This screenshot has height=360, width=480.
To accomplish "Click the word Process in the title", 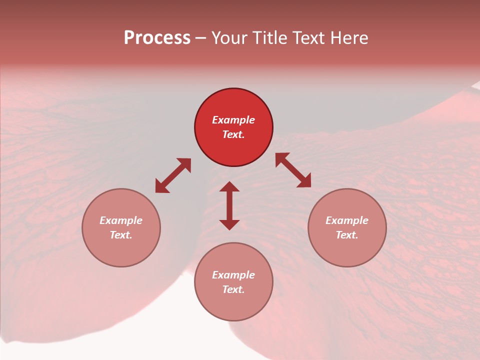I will coord(157,38).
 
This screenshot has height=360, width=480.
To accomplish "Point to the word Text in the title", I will coord(309,38).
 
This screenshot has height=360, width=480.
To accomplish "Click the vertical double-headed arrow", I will coord(229,205).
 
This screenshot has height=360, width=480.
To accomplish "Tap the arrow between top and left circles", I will coord(173,175).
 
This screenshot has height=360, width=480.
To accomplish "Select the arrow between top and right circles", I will coord(293,170).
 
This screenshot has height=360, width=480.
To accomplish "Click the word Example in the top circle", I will coord(233,120).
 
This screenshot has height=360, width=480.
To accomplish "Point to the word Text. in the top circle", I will coord(233,134).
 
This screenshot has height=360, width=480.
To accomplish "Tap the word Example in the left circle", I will coord(121,220).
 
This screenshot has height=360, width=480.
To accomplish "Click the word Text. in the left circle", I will coord(121,235).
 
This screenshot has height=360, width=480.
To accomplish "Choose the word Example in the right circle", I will coord(347,220).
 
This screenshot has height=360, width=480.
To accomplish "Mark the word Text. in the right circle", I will coord(347,235).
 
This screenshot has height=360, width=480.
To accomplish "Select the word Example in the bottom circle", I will coord(233,275).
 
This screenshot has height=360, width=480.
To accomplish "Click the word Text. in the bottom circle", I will coord(233,289).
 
